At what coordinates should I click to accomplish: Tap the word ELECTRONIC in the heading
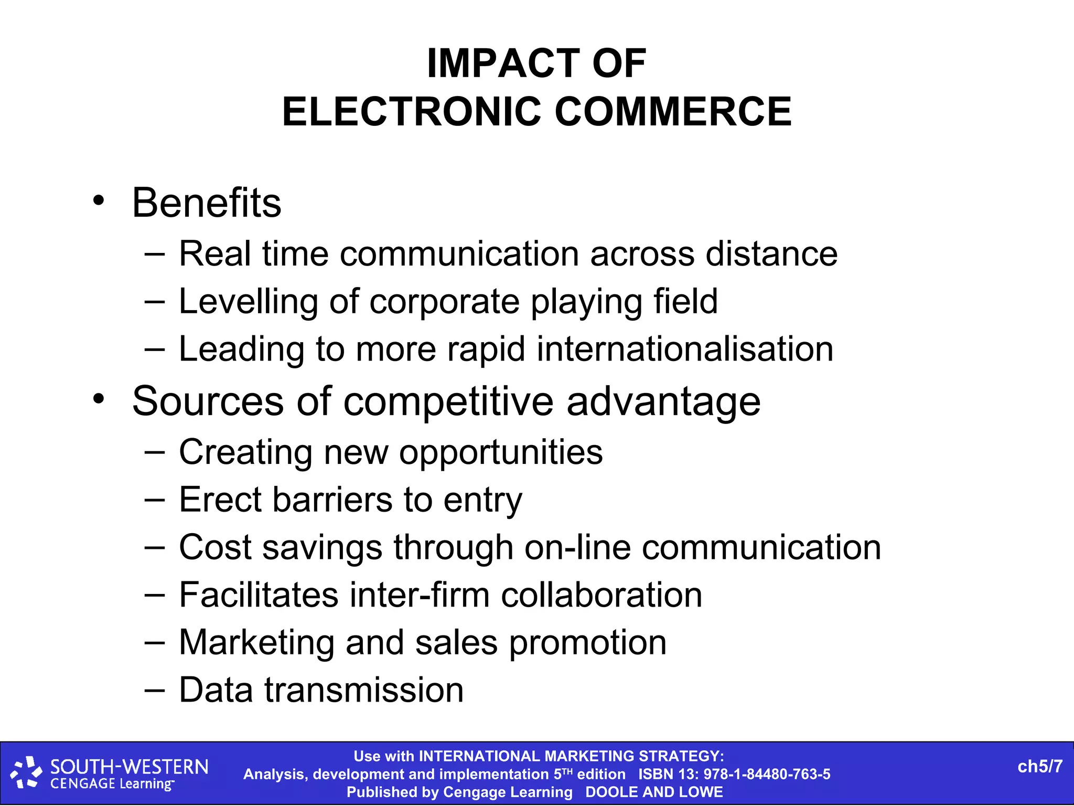pos(412,112)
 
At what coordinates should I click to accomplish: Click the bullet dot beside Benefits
pos(99,201)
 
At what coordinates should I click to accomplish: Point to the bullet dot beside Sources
pos(99,399)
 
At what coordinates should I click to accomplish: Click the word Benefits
pos(207,203)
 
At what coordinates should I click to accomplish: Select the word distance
pos(771,254)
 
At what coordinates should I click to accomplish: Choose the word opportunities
pos(501,452)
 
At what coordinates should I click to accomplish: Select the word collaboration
pos(602,595)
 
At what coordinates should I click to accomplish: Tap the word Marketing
pos(256,643)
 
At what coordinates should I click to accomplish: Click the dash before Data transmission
pos(154,690)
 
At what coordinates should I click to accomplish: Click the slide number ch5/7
pos(1039,767)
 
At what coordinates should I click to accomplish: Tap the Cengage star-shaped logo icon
pos(26,772)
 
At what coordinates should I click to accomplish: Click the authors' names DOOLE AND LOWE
pos(654,792)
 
